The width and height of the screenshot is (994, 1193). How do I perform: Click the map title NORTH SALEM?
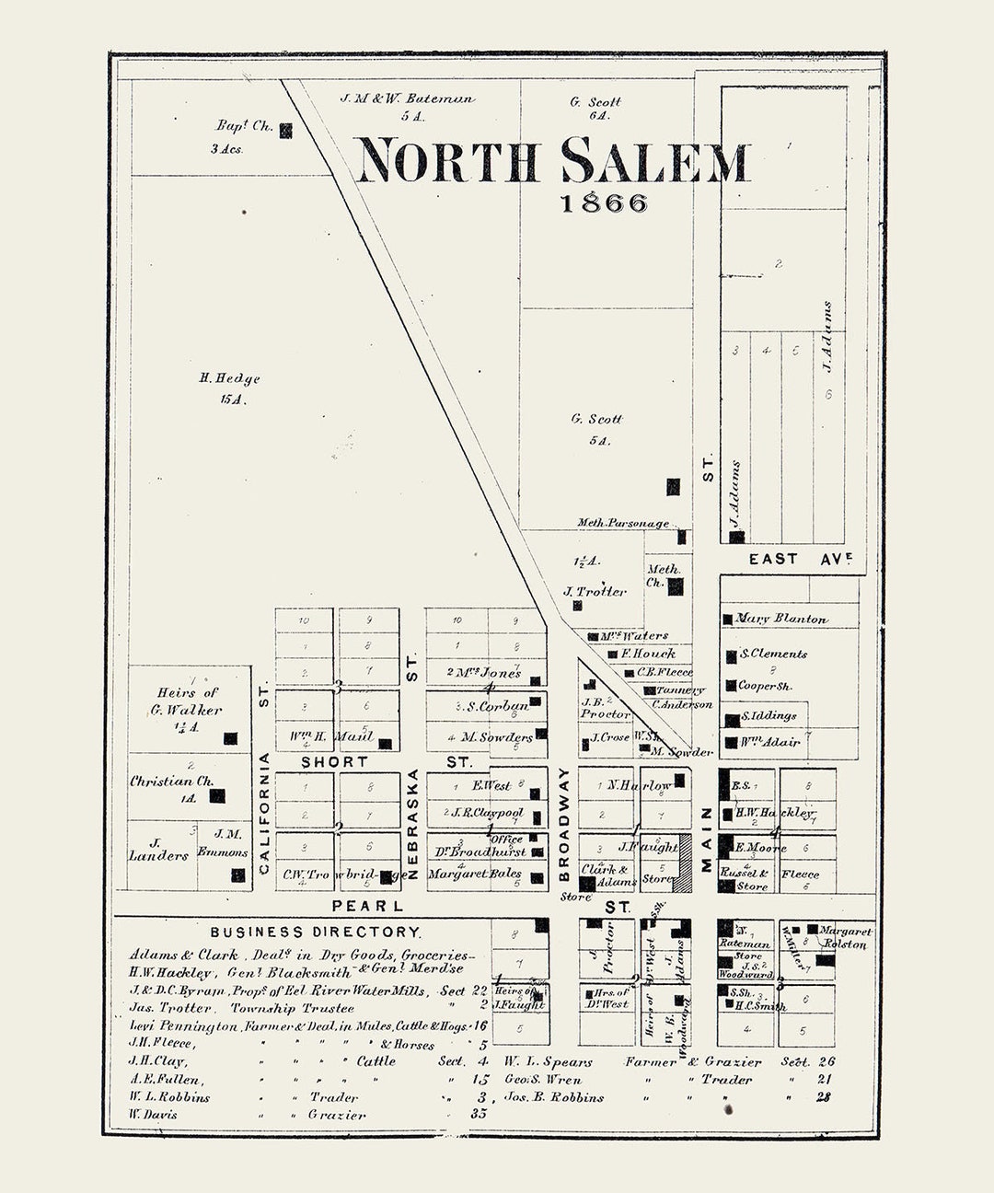[x=552, y=161]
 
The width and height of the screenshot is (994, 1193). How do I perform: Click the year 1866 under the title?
[x=604, y=203]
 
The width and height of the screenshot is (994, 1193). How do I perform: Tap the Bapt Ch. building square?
[x=286, y=131]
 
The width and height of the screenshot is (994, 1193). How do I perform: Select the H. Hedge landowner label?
[x=229, y=378]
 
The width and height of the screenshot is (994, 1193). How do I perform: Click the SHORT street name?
[x=334, y=762]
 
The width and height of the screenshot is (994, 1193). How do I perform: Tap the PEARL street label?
[x=368, y=906]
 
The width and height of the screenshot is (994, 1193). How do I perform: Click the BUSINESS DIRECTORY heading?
[x=315, y=932]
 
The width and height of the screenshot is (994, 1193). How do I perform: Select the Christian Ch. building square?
[x=217, y=795]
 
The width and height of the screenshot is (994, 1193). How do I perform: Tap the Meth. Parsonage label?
[x=623, y=523]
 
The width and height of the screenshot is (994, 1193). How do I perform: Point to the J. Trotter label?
[x=595, y=592]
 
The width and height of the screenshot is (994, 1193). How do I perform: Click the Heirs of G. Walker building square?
[x=230, y=738]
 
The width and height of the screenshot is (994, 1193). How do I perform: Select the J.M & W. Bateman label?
[x=407, y=98]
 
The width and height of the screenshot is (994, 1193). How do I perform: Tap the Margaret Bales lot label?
[x=475, y=874]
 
